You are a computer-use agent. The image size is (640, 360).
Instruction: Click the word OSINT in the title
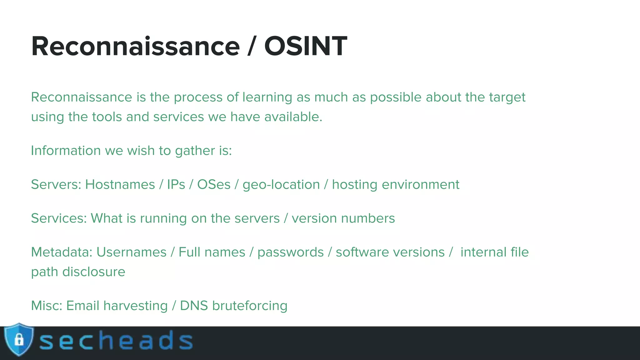coord(305,46)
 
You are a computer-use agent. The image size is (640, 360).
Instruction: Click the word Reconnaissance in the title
coord(135,46)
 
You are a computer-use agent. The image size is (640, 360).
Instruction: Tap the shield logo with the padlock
coord(19,340)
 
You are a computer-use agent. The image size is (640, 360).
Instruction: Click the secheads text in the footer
coord(116,341)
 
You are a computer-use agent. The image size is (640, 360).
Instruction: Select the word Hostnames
coord(120,184)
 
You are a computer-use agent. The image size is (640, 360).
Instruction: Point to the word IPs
coord(176,184)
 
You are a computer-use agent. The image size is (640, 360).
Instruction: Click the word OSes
coord(214,184)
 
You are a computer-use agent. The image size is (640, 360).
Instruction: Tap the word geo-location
coord(281,185)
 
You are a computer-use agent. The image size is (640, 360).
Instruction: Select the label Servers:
coord(56,184)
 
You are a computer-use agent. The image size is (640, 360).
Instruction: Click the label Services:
coord(59,218)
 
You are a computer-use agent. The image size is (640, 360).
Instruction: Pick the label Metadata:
coord(62,252)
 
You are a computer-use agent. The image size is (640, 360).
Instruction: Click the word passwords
coord(290,252)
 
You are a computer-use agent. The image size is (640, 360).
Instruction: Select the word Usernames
coord(131,252)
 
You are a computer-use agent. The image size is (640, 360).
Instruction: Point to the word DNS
coord(194,306)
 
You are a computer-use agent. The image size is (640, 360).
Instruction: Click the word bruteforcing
coord(249,306)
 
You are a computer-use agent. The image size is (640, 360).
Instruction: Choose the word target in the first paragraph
coord(507,97)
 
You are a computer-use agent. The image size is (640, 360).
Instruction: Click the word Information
coord(66,151)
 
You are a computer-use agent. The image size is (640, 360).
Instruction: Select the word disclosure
coord(94,272)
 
